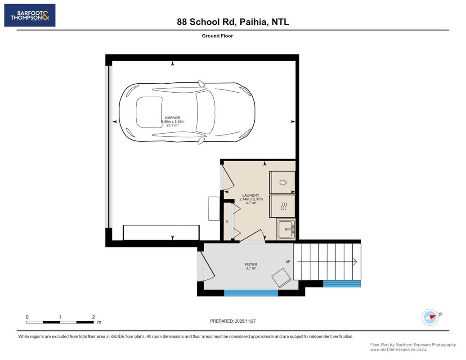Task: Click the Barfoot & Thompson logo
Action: pyautogui.click(x=30, y=15)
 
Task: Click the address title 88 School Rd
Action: pyautogui.click(x=206, y=22)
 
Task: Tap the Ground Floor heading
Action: pyautogui.click(x=217, y=36)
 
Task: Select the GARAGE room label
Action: pyautogui.click(x=172, y=118)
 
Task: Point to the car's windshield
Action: pyautogui.click(x=206, y=112)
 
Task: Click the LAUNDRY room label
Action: pyautogui.click(x=251, y=195)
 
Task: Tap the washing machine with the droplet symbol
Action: pyautogui.click(x=282, y=183)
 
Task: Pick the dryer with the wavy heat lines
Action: pyautogui.click(x=282, y=206)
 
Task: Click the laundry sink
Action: pyautogui.click(x=286, y=229)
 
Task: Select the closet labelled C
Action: pyautogui.click(x=227, y=221)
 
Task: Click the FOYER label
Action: pyautogui.click(x=251, y=264)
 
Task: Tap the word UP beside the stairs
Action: pyautogui.click(x=288, y=261)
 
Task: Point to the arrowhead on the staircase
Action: pyautogui.click(x=355, y=261)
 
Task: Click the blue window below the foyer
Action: pyautogui.click(x=251, y=293)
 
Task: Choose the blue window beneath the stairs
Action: pyautogui.click(x=342, y=283)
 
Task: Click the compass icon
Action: pyautogui.click(x=430, y=317)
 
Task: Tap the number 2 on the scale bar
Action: pyautogui.click(x=93, y=317)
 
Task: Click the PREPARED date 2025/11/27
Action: pyautogui.click(x=245, y=321)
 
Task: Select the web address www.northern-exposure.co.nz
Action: pyautogui.click(x=398, y=350)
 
